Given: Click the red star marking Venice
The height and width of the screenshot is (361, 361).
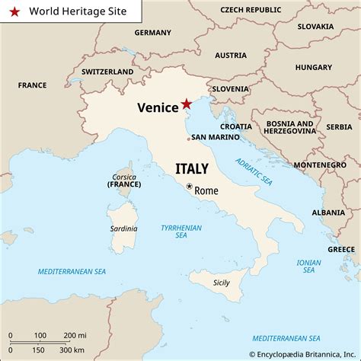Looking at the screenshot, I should point(187,104).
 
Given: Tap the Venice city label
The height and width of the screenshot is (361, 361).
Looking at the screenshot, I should point(158,107).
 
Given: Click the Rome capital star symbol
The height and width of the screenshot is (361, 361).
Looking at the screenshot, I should point(189,185).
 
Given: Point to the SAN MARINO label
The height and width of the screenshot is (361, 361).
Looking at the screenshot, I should point(215,137).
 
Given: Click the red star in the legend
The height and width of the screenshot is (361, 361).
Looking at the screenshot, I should point(14,12).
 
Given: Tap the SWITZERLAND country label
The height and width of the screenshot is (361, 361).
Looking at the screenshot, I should point(107,72).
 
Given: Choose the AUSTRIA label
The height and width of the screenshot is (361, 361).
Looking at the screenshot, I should point(230,56).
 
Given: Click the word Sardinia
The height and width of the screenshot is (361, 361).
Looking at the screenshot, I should point(123,228).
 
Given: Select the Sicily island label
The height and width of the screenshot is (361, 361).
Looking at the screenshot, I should point(221,283).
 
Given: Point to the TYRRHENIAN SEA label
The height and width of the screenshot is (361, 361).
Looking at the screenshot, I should point(180,232).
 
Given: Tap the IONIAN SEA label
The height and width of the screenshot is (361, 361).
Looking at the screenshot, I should point(308,266).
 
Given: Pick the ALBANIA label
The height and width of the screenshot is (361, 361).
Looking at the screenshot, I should point(328,212).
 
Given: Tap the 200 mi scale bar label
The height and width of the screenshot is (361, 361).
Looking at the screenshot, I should point(75,335).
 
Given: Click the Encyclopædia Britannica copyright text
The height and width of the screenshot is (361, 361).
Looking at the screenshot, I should point(304,353).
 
